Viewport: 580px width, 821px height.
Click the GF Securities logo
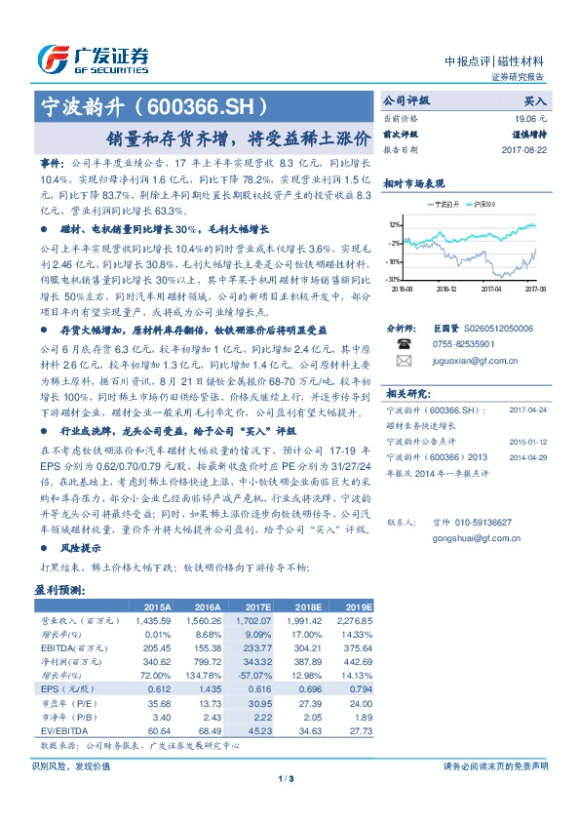tap(94, 59)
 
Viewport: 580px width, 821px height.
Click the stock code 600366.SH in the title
tap(200, 105)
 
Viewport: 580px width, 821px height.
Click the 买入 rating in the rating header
tap(535, 100)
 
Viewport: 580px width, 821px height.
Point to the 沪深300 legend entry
tap(484, 205)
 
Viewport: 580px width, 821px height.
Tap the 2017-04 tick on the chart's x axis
tap(490, 289)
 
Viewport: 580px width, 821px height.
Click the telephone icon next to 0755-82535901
tap(404, 344)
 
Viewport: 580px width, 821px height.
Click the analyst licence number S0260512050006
tap(484, 330)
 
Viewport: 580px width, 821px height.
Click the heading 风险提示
tap(72, 547)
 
